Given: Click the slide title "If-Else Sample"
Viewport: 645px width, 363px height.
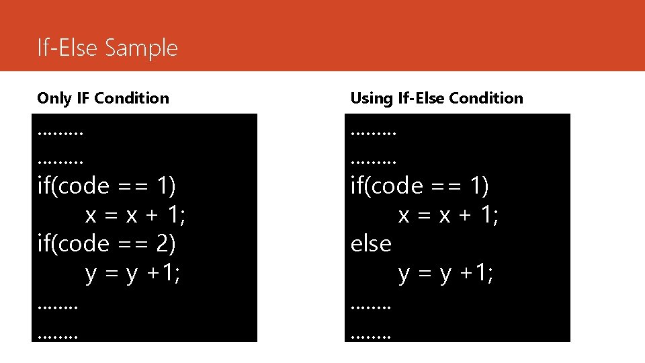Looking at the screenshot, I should [107, 48].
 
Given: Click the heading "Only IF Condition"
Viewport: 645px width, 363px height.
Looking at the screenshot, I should [103, 98].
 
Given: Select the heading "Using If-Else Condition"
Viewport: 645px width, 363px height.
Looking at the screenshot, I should [436, 98].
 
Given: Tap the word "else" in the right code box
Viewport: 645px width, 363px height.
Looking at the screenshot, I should [371, 244].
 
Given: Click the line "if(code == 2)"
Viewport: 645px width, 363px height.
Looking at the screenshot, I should [106, 244].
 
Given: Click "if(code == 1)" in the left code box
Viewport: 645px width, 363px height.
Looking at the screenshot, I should [106, 186].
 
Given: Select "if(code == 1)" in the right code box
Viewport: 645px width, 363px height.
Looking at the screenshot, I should [420, 186].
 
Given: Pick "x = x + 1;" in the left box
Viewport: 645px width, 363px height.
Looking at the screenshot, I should [136, 215].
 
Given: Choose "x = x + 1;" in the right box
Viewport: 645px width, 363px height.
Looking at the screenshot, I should [449, 215].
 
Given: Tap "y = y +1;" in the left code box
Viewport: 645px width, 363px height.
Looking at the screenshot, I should [132, 274].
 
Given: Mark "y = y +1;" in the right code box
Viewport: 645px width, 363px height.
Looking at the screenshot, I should [445, 274].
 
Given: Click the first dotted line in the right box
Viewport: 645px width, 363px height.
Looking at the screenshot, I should [374, 133].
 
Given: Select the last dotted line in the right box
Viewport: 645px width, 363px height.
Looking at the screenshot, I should [370, 332].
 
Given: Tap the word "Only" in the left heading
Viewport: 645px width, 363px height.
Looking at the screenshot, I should [54, 98].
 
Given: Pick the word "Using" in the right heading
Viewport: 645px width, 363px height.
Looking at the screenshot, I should [372, 98].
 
